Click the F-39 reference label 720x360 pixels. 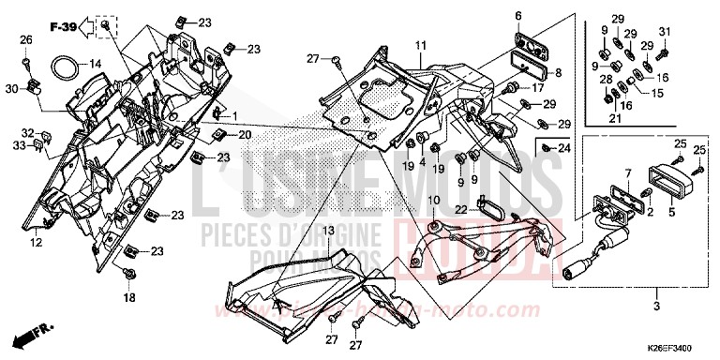[63, 26]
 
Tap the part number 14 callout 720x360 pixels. [95, 64]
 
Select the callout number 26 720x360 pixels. [26, 39]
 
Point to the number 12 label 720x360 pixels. [36, 243]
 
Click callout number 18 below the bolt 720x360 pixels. [129, 297]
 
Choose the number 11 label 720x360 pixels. [421, 45]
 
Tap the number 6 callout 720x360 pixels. [517, 16]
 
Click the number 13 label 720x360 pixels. [329, 230]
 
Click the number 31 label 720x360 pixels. [666, 33]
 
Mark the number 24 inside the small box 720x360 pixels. [563, 148]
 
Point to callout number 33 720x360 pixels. [19, 145]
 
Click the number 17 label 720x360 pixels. [537, 88]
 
